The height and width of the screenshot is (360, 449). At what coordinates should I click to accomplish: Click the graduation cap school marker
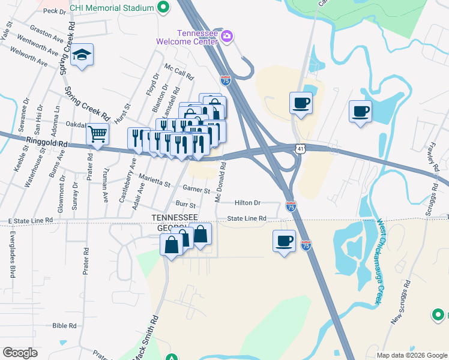(x=82, y=56)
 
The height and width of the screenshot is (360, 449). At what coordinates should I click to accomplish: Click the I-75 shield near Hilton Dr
(x=290, y=206)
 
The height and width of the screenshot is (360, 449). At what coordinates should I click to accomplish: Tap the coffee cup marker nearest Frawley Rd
(x=360, y=112)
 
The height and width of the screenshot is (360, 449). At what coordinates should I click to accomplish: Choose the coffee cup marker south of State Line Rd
(x=284, y=242)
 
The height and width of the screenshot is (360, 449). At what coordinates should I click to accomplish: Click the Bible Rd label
(x=65, y=326)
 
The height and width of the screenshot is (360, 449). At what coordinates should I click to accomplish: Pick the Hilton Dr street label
(x=248, y=203)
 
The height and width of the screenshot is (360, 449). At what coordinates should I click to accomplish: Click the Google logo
(x=20, y=353)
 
